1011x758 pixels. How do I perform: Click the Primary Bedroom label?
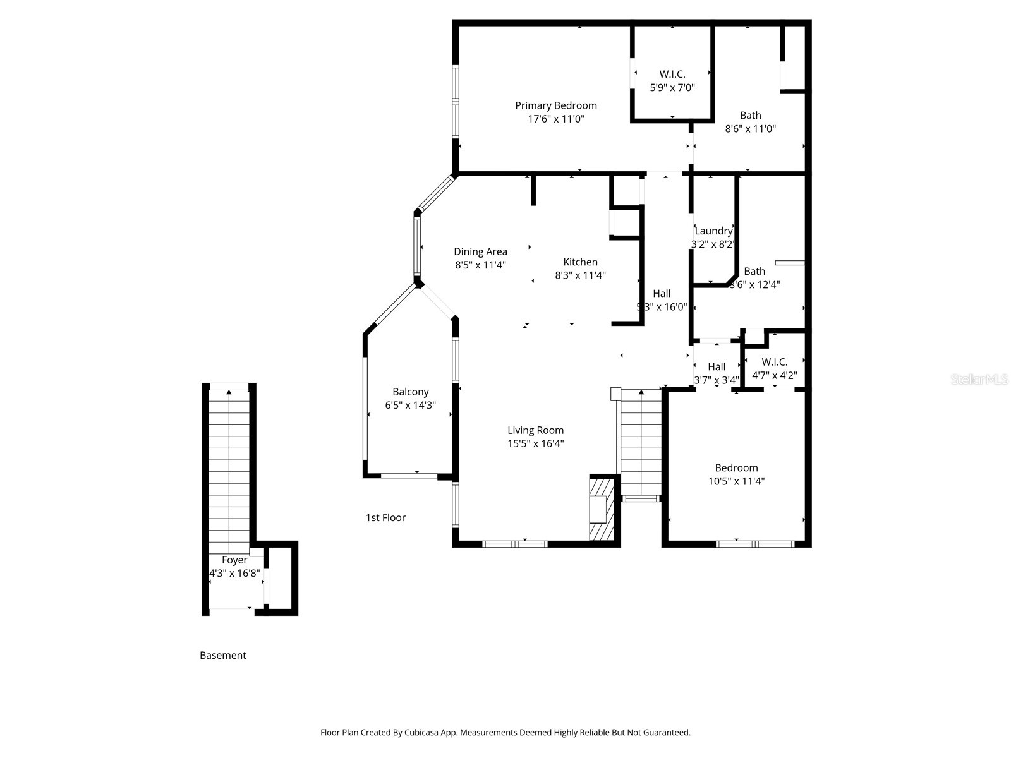pyautogui.click(x=555, y=105)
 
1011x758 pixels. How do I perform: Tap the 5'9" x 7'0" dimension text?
pyautogui.click(x=672, y=88)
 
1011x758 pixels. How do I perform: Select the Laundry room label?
pyautogui.click(x=713, y=231)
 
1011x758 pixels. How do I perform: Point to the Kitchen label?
pyautogui.click(x=580, y=262)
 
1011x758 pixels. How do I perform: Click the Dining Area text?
pyautogui.click(x=480, y=251)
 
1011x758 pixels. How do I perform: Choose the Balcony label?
pyautogui.click(x=410, y=392)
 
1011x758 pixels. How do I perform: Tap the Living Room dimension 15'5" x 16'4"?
pyautogui.click(x=535, y=443)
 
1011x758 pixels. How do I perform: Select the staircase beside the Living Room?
pyautogui.click(x=641, y=442)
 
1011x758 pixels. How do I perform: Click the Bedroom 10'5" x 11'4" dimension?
pyautogui.click(x=736, y=481)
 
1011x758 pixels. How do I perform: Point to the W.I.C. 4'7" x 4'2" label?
pyautogui.click(x=774, y=362)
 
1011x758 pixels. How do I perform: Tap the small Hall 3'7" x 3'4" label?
pyautogui.click(x=716, y=367)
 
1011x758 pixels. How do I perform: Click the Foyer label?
pyautogui.click(x=234, y=560)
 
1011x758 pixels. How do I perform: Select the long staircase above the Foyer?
pyautogui.click(x=229, y=467)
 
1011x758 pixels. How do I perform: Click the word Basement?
pyautogui.click(x=222, y=655)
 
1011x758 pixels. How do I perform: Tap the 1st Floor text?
pyautogui.click(x=385, y=517)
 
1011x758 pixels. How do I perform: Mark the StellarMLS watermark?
pyautogui.click(x=979, y=379)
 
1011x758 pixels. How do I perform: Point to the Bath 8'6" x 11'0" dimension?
pyautogui.click(x=750, y=129)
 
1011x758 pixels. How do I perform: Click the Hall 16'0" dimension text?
pyautogui.click(x=662, y=307)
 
